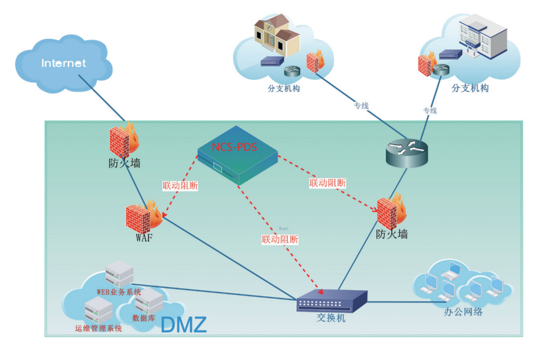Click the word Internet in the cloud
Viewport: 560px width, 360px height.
[64, 63]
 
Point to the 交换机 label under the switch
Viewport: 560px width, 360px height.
[331, 317]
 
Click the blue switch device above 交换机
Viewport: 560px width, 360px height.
[331, 300]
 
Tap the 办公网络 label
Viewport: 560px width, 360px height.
[462, 312]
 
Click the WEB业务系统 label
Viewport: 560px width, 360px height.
[119, 292]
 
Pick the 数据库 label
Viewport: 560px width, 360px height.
[143, 317]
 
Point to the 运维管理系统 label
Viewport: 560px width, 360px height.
[98, 329]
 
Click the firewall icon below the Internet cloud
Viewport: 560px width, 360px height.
[122, 141]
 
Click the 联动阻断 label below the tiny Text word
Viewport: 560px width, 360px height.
[280, 239]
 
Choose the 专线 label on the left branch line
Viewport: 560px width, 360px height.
[361, 105]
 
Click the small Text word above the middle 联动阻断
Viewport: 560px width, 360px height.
[283, 228]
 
